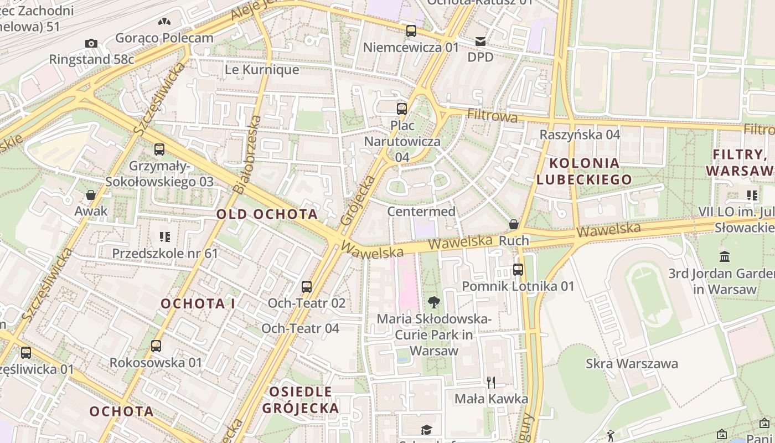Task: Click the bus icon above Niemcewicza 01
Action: tap(411, 31)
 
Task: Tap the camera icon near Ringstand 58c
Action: tap(91, 43)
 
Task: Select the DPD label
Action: tap(480, 57)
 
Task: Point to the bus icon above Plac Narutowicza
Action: tap(402, 109)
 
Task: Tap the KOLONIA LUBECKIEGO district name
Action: tap(584, 171)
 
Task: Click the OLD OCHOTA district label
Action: tap(267, 214)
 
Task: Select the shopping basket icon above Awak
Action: tap(91, 195)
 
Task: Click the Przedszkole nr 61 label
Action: tap(165, 253)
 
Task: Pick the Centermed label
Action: tap(421, 212)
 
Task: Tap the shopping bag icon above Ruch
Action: tap(514, 224)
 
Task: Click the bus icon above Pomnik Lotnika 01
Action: tap(518, 270)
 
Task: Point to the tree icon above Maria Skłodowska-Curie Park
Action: tap(434, 302)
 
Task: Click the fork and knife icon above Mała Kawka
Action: tap(490, 382)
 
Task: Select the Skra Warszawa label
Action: tap(632, 364)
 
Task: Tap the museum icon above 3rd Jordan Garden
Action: tap(725, 256)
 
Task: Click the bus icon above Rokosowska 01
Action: tap(156, 346)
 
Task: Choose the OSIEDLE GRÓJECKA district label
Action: tap(301, 400)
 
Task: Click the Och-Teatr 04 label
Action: tap(300, 328)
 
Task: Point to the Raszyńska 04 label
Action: tap(580, 135)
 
